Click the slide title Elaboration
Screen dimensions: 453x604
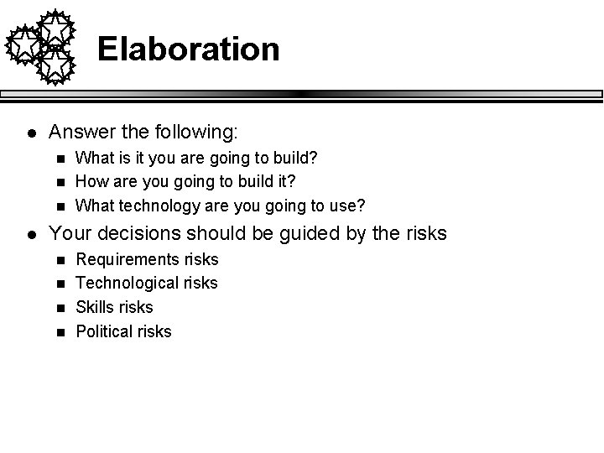tap(188, 49)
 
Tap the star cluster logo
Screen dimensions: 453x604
tap(41, 47)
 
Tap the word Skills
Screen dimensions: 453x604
tap(94, 307)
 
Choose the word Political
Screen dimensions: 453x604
tap(103, 331)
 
